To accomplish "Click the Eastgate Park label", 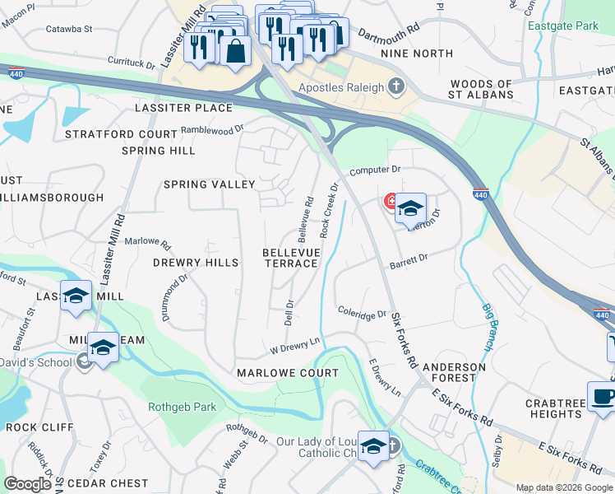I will pos(563,26).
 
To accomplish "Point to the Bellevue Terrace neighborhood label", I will pos(290,257).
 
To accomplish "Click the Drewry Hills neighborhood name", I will pos(196,263).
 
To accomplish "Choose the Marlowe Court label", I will pos(287,373).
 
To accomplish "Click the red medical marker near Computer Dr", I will pos(391,201).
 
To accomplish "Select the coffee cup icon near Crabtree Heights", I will pos(603,396).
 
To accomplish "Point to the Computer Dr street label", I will pos(374,170).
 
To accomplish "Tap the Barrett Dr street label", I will pos(409,259).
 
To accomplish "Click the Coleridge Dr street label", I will pos(362,313).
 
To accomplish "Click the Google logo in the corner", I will pos(28,483).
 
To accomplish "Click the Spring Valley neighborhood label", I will pos(209,184).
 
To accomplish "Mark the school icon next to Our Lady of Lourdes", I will pos(373,446).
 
